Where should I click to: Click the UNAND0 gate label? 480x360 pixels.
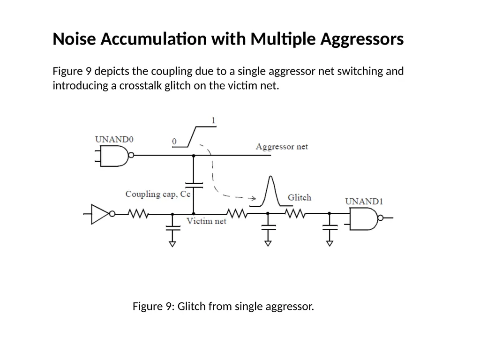[114, 139]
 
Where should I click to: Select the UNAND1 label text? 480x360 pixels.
[364, 202]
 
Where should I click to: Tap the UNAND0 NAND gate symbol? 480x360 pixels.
[114, 156]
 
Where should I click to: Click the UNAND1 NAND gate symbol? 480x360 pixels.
[364, 218]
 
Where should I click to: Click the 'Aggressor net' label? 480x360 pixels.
[282, 147]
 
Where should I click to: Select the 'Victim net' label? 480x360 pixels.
[206, 221]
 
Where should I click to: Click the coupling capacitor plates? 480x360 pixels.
[194, 185]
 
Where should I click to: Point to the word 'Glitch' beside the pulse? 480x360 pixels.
[300, 197]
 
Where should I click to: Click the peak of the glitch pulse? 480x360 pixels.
[270, 176]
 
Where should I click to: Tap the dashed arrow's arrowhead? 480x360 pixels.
[253, 198]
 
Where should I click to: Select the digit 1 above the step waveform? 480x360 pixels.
[213, 120]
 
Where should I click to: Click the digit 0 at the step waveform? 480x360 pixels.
[174, 141]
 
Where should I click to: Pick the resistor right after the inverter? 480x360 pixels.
[138, 214]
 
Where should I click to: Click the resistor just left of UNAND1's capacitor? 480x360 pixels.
[294, 213]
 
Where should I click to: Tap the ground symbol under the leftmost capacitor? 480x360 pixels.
[172, 244]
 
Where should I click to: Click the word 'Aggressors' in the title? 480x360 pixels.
[362, 39]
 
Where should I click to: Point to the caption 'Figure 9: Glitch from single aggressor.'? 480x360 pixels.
[223, 307]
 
